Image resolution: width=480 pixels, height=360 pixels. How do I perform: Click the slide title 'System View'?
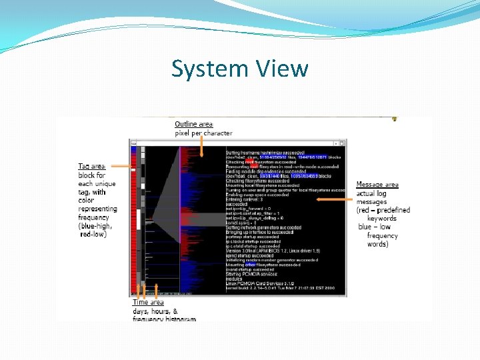tap(239, 69)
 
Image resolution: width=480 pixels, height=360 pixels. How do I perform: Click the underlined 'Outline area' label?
tap(193, 124)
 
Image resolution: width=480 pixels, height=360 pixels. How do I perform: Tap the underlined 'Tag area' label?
tap(92, 166)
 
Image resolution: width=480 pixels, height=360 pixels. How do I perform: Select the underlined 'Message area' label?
tap(377, 184)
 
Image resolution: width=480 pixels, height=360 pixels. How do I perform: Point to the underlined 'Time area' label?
tap(148, 303)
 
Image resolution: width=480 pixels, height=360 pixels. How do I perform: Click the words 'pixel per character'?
tap(203, 133)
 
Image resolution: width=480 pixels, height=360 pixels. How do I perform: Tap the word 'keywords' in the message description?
tap(381, 218)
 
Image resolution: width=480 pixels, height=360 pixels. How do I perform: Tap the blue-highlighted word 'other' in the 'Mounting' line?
tap(251, 265)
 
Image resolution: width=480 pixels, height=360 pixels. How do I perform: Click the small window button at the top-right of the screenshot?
tap(342, 143)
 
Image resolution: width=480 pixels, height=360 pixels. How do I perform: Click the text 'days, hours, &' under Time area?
tap(155, 311)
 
